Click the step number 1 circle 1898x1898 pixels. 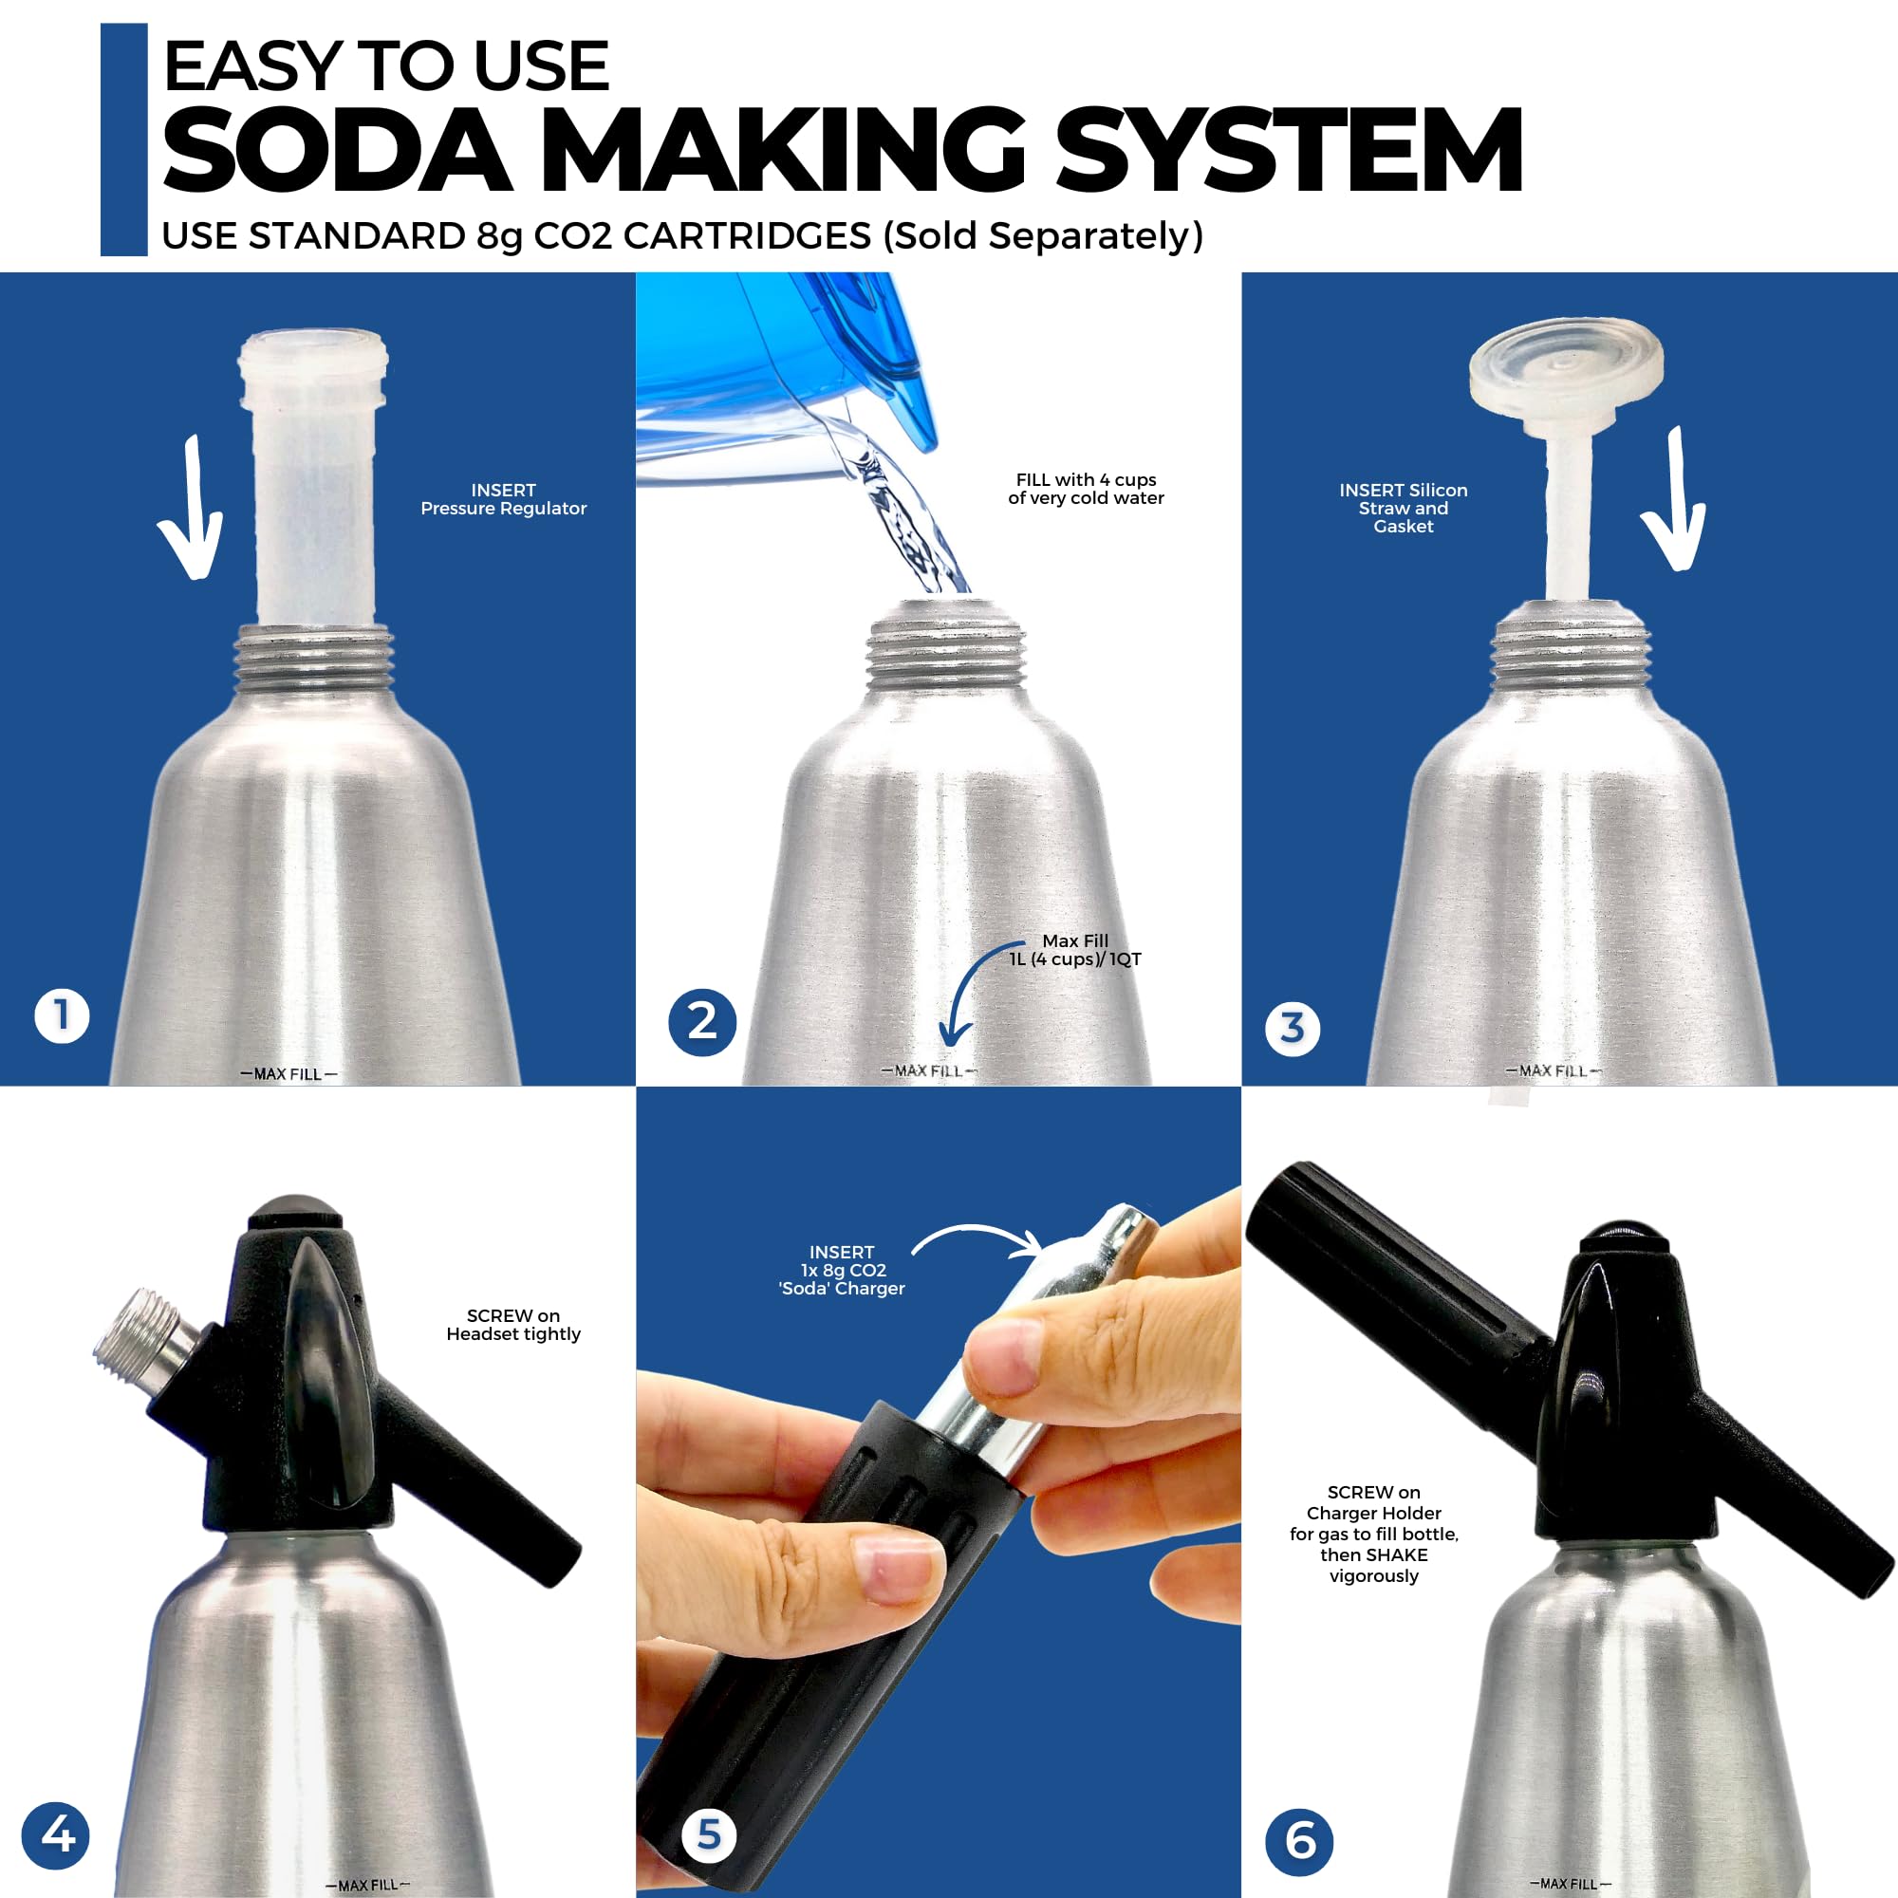point(62,1016)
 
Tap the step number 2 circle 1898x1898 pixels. point(702,1022)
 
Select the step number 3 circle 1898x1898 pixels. point(1293,1029)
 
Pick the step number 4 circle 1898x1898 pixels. point(56,1835)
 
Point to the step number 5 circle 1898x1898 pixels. point(708,1834)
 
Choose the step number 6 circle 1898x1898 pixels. point(1300,1841)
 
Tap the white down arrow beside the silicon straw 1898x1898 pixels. point(1675,501)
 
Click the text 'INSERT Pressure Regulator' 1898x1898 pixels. point(503,499)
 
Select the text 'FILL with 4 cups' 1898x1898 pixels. point(1086,479)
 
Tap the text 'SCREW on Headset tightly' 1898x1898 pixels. point(512,1324)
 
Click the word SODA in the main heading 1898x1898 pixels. point(337,150)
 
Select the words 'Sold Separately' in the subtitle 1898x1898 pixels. point(1042,235)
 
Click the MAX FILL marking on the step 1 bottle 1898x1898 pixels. point(288,1073)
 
